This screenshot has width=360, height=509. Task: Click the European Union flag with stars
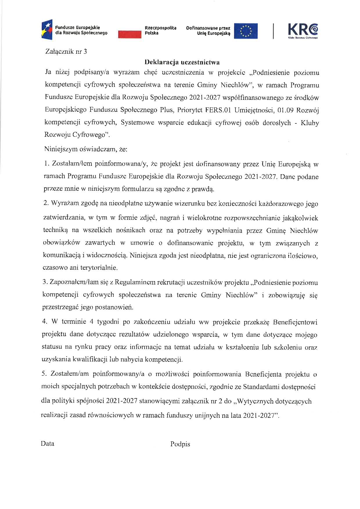click(x=246, y=31)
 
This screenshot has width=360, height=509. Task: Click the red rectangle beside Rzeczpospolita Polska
click(x=129, y=34)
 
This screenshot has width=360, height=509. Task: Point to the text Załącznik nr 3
click(x=66, y=52)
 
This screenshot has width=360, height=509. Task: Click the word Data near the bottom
click(x=48, y=443)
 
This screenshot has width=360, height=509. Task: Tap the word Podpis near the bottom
click(x=180, y=444)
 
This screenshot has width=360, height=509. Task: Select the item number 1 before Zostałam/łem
click(x=46, y=164)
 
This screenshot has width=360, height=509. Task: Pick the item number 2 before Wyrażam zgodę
click(x=46, y=203)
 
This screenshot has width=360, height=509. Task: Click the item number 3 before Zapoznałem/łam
click(x=45, y=282)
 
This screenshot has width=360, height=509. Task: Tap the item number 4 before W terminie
click(x=45, y=322)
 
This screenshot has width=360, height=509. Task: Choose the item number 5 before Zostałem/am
click(x=44, y=374)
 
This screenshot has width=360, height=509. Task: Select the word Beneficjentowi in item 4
click(x=295, y=322)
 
